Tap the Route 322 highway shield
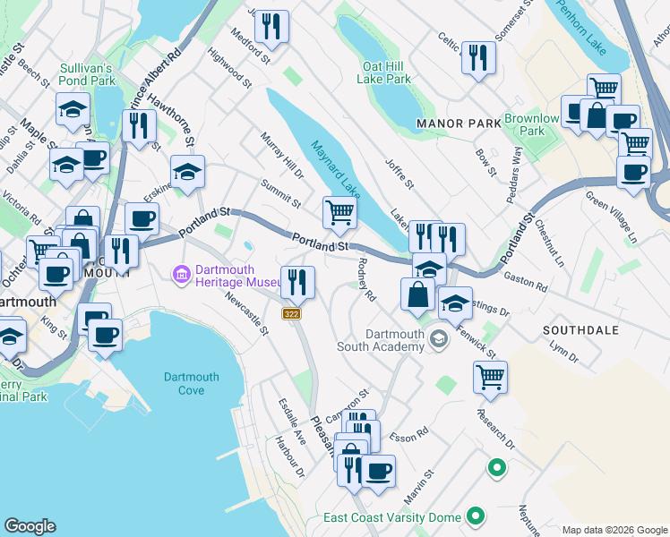point(292,313)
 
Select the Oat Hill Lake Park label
point(387,72)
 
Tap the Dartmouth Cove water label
point(197,383)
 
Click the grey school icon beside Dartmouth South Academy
point(438,338)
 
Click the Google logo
point(30,525)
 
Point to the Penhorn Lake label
point(582,13)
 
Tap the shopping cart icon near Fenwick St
point(490,378)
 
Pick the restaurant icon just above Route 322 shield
point(297,282)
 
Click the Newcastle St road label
point(247,313)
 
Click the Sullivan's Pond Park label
point(86,74)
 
